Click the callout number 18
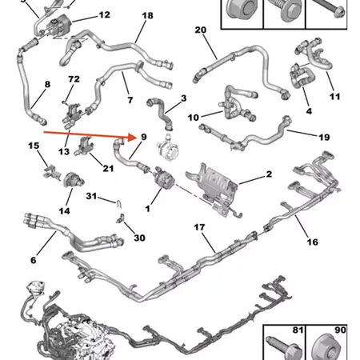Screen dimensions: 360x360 [x=147, y=16]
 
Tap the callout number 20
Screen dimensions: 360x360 [x=201, y=30]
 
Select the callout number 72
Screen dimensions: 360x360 [x=74, y=80]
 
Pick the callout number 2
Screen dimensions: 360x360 [x=269, y=174]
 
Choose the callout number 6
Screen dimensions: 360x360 [x=33, y=260]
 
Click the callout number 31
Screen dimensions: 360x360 [x=91, y=197]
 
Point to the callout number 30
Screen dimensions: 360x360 [x=139, y=238]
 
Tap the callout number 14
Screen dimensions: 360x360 [x=65, y=210]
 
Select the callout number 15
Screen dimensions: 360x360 [x=34, y=146]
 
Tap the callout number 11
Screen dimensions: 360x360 [x=334, y=97]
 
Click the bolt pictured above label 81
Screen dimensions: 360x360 [x=286, y=346]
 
